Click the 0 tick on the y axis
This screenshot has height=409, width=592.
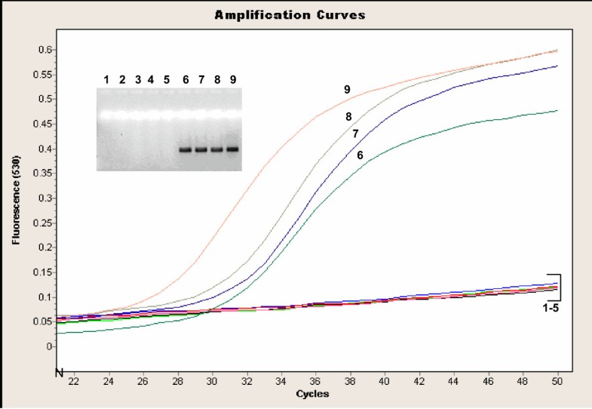point(51,346)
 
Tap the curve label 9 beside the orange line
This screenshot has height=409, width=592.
point(347,89)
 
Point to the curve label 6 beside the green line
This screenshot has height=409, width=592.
point(360,155)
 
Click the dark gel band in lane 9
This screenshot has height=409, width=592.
point(232,149)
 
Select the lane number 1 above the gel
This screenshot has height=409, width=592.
point(106,79)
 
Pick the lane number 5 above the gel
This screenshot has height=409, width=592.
point(167,79)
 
